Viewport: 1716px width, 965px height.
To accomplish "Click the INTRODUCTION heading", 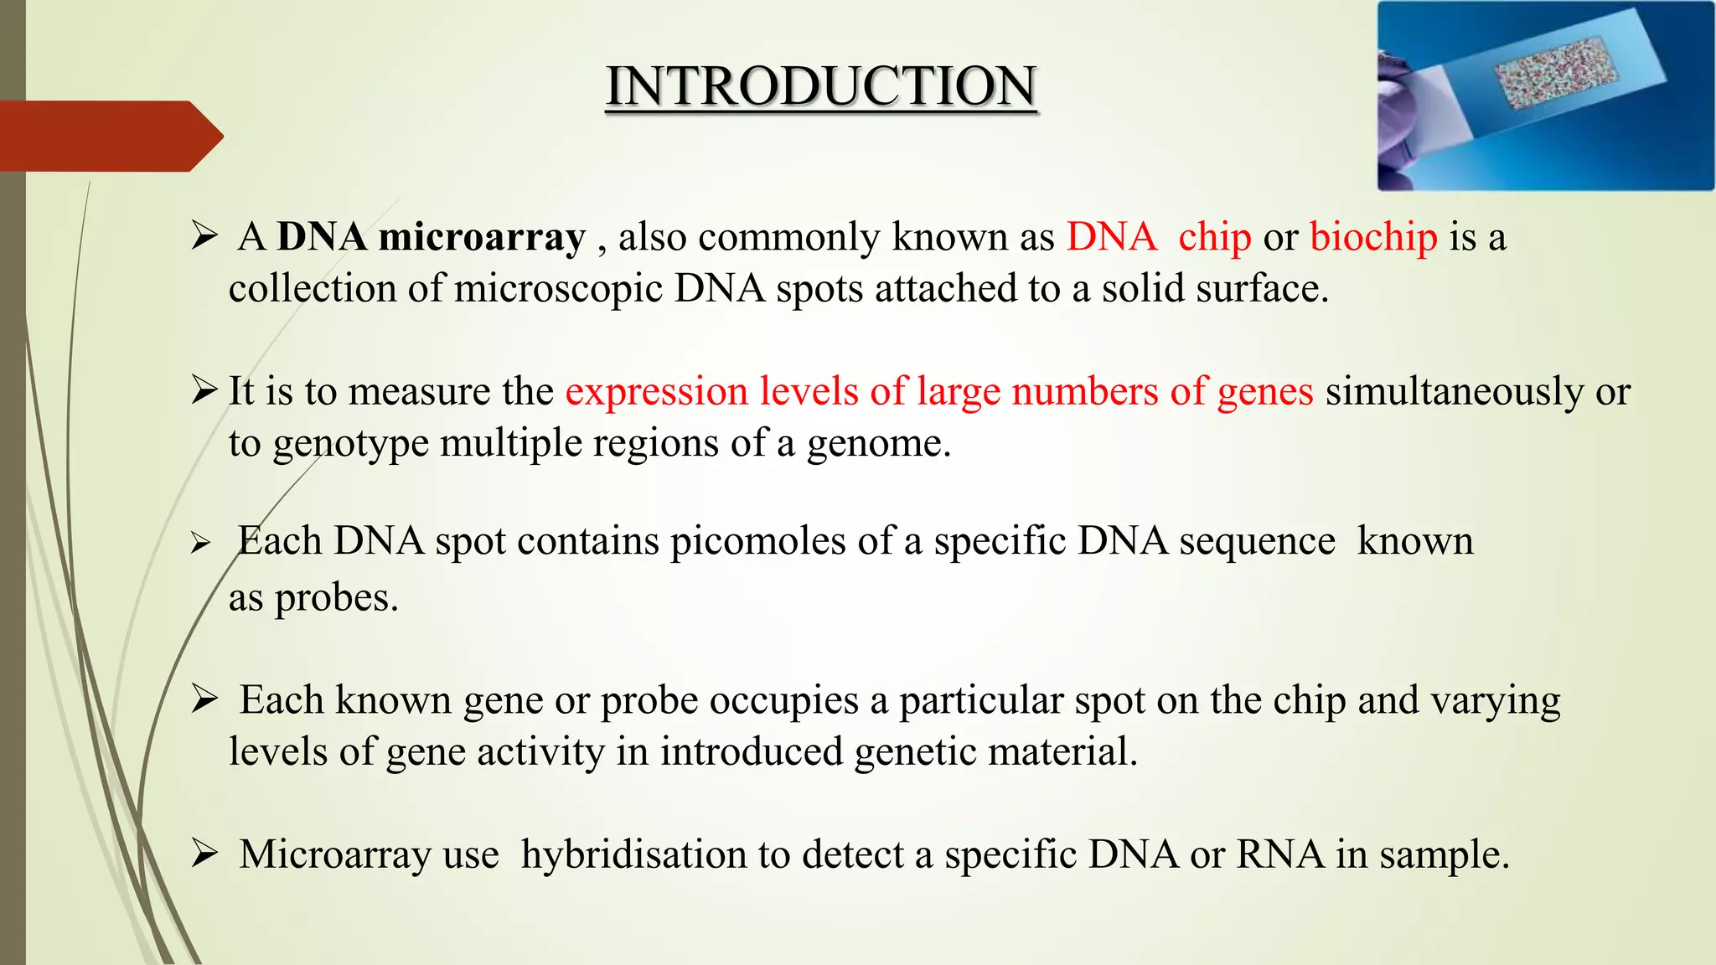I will tap(821, 86).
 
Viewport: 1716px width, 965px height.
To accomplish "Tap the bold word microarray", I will tap(482, 238).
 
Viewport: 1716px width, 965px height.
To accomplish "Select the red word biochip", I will tap(1373, 238).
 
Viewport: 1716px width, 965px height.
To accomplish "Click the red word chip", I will tap(1214, 238).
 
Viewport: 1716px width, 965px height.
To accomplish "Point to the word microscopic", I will tap(559, 289).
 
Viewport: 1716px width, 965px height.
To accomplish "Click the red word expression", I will tap(656, 392).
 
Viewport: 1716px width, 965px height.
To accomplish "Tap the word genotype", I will tap(350, 444).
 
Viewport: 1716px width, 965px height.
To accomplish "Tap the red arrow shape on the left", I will tap(109, 136).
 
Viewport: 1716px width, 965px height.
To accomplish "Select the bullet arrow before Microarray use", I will tap(204, 854).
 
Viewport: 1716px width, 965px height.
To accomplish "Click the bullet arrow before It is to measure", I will tap(204, 390).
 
